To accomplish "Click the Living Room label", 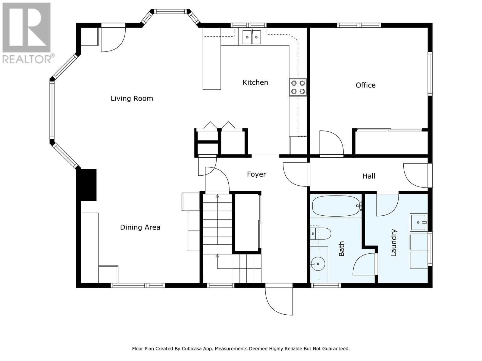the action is point(132,98).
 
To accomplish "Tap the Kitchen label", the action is point(255,82).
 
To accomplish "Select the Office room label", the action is point(365,85).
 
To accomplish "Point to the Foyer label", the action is point(256,174).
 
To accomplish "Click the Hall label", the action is point(369,176).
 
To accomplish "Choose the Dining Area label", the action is point(140,227).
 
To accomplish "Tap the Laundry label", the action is point(393,243).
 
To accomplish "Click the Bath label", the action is point(341,249).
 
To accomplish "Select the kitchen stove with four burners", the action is point(298,87).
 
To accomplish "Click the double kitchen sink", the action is point(252,37).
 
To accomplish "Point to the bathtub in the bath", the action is point(336,206).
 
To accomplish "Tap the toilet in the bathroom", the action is point(321,234).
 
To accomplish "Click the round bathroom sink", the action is point(318,264).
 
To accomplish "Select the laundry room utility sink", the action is point(419,222).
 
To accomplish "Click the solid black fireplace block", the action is point(86,185).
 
